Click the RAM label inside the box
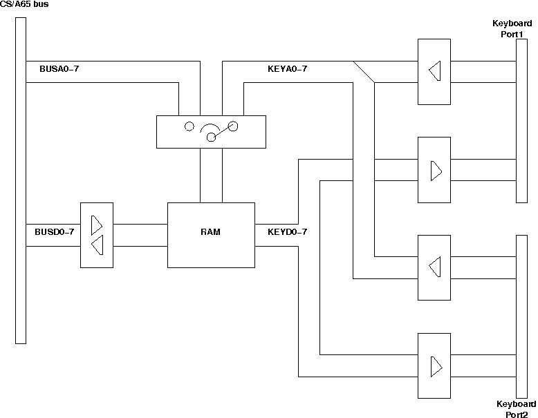[x=211, y=232]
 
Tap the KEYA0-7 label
[x=287, y=69]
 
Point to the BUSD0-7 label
[x=54, y=232]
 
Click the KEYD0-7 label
[x=287, y=232]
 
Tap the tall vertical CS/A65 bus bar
[x=21, y=180]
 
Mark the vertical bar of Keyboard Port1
[x=522, y=121]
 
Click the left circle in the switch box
[x=188, y=126]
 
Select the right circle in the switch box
[x=233, y=126]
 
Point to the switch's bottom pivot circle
[x=211, y=137]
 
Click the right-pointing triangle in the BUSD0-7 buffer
[x=96, y=225]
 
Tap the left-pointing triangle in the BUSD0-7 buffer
[x=98, y=245]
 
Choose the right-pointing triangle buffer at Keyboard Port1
[x=435, y=170]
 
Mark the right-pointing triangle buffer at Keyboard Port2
[x=435, y=366]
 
